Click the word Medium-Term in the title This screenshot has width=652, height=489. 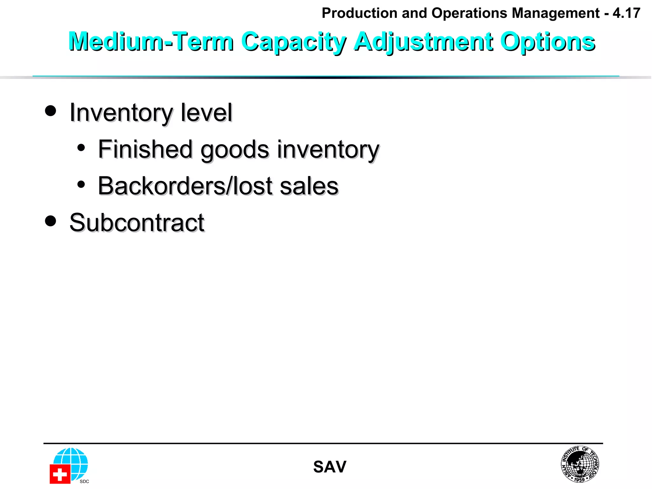pyautogui.click(x=151, y=42)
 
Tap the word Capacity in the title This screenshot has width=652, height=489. pyautogui.click(x=294, y=42)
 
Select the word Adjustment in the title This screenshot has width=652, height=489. pyautogui.click(x=423, y=42)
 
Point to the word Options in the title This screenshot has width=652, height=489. pyautogui.click(x=548, y=42)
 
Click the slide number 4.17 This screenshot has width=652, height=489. pyautogui.click(x=626, y=13)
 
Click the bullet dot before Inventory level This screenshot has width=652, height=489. pyautogui.click(x=50, y=111)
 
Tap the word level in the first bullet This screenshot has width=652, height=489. pyautogui.click(x=207, y=113)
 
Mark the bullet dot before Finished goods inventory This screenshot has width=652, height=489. pyautogui.click(x=81, y=148)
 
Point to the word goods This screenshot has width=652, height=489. pyautogui.click(x=235, y=150)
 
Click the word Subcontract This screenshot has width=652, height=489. pyautogui.click(x=137, y=223)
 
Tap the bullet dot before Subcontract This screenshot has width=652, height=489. pyautogui.click(x=50, y=221)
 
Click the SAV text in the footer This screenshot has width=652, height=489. pyautogui.click(x=330, y=467)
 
